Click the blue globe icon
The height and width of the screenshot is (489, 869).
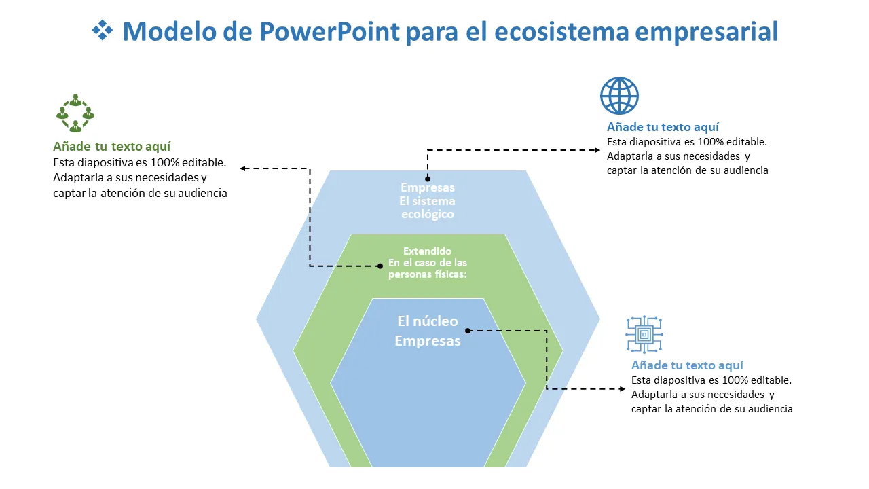619,96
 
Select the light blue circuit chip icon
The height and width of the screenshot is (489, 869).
644,334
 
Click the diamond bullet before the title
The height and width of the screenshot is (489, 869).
102,31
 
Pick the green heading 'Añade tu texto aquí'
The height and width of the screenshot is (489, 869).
111,147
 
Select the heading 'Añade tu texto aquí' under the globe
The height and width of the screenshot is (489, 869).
663,127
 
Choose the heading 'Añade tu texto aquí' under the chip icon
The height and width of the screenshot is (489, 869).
687,365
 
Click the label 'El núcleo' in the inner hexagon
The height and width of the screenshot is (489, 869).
428,321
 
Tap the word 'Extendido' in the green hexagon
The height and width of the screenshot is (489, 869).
427,251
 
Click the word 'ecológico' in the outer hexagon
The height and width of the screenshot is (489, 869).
427,215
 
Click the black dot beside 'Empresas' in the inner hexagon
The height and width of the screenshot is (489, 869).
468,331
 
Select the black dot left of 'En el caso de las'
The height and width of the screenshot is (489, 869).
380,266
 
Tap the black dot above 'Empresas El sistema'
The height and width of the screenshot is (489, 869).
428,181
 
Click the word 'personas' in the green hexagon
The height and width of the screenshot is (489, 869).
409,275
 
